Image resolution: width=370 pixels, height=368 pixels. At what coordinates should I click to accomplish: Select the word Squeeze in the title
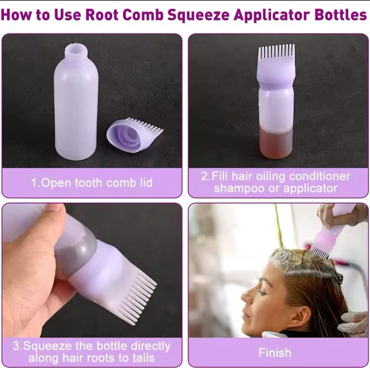tap(198, 15)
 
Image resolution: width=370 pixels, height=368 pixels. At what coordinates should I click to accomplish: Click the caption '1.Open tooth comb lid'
tap(92, 183)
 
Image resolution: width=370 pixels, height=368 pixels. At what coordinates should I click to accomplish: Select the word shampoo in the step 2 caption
tap(239, 189)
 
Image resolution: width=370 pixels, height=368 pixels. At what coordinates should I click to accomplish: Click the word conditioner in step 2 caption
tap(320, 176)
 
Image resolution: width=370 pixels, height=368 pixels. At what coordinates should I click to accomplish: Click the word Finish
tap(275, 353)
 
